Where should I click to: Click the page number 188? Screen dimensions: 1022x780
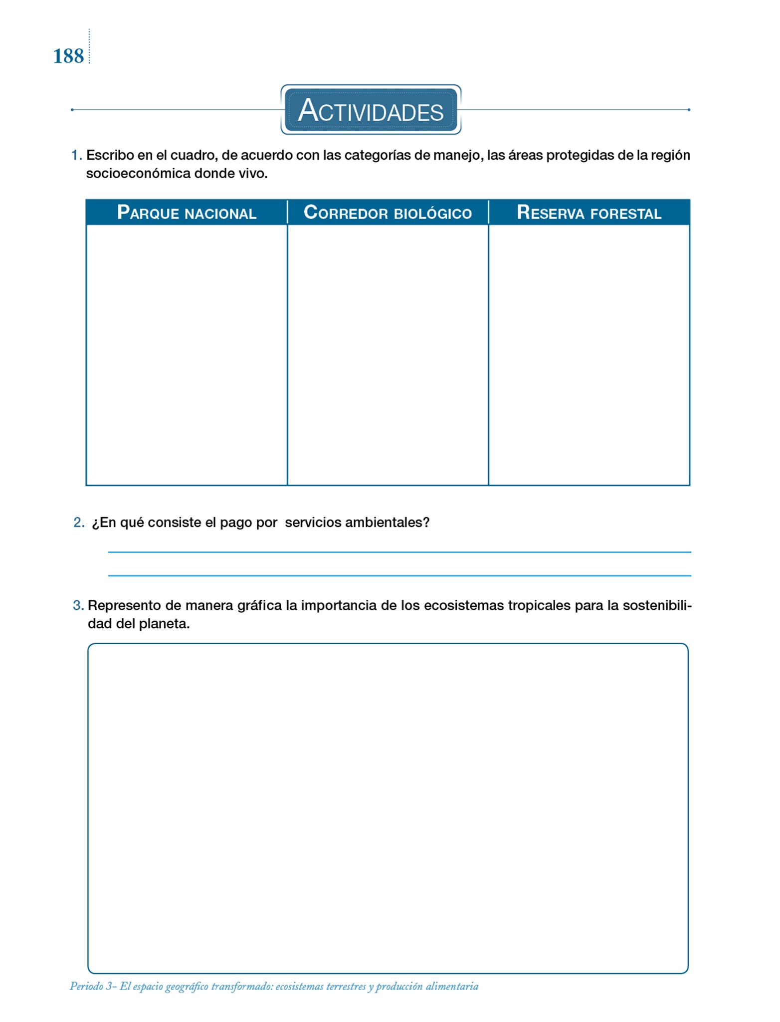(x=68, y=56)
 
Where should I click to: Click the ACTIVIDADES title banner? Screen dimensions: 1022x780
(x=371, y=110)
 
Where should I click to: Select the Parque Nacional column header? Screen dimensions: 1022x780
(x=187, y=213)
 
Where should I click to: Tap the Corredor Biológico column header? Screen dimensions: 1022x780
(x=388, y=213)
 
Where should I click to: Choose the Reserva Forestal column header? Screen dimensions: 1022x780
(x=589, y=213)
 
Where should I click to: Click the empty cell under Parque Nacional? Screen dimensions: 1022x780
(x=187, y=354)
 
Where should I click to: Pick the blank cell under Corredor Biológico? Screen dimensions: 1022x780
(x=388, y=354)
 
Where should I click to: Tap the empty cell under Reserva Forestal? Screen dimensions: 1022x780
(x=589, y=354)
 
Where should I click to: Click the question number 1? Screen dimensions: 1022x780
(x=76, y=155)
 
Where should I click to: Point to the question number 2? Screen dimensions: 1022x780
(x=79, y=522)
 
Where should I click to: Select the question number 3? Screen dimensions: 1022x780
(x=78, y=605)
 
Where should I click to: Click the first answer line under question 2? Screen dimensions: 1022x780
(x=399, y=551)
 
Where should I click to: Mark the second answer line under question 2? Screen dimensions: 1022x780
(x=399, y=575)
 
